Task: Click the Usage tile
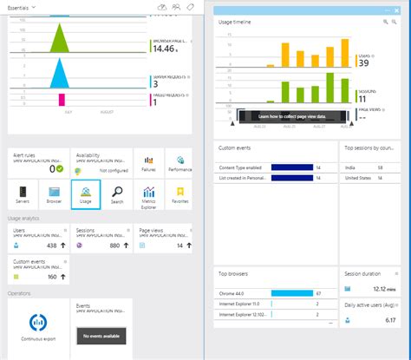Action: [85, 194]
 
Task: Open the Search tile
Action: [116, 194]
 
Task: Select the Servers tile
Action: [23, 194]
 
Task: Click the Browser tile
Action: [54, 194]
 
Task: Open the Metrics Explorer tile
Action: [148, 194]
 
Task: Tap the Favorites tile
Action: [180, 194]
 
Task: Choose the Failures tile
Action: [148, 164]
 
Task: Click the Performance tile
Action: [180, 164]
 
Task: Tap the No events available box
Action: [101, 334]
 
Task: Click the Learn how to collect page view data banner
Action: [291, 115]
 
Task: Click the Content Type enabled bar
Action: [291, 167]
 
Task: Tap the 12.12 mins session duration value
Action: [382, 288]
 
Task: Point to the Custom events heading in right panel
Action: [236, 148]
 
